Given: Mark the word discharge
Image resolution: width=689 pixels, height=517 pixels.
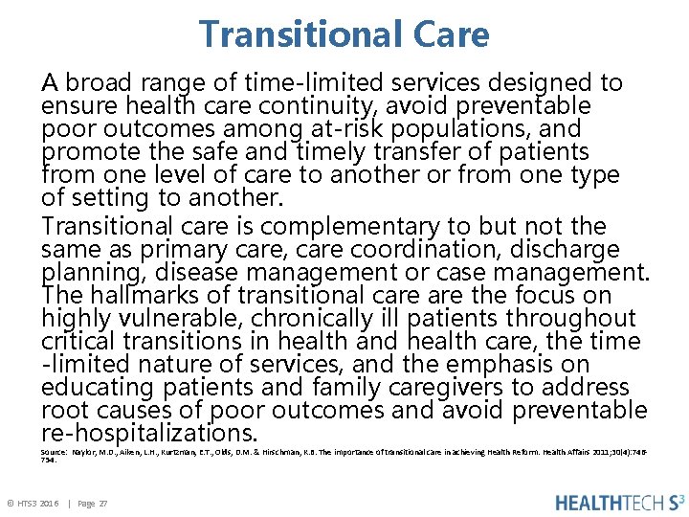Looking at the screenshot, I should tap(565, 250).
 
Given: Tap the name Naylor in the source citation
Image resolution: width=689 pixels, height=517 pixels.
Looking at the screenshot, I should tap(86, 451).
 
